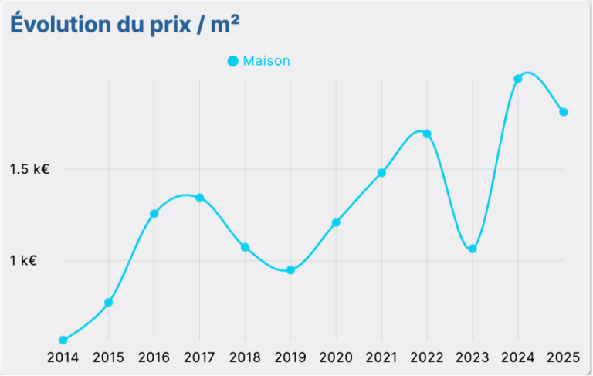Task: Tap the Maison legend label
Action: click(266, 61)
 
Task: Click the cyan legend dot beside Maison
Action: click(233, 61)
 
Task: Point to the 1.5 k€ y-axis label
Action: click(29, 169)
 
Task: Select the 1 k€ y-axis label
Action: click(24, 261)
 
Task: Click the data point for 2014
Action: click(63, 340)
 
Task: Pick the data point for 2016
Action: click(154, 214)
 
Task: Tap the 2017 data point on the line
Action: click(199, 198)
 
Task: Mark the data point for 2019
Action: click(290, 270)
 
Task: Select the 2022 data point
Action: click(427, 134)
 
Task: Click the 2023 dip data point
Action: click(473, 249)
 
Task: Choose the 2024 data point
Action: click(518, 79)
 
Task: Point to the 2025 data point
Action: click(564, 112)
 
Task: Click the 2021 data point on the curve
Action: click(381, 173)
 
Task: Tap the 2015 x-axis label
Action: click(108, 357)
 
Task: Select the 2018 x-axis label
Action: click(245, 357)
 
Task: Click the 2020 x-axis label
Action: click(336, 357)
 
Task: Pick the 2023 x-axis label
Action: click(473, 357)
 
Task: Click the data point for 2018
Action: click(245, 248)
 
